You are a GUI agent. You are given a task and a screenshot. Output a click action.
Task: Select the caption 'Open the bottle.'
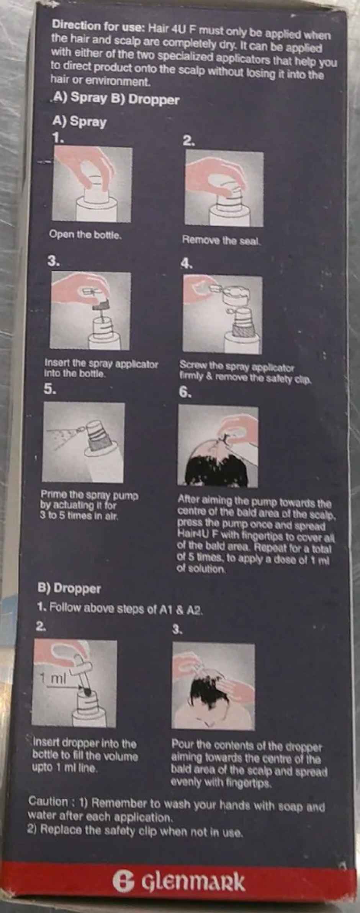click(x=85, y=234)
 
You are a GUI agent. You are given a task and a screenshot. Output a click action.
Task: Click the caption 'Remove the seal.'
click(x=221, y=240)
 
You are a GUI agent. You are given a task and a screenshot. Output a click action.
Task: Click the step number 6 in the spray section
click(x=185, y=393)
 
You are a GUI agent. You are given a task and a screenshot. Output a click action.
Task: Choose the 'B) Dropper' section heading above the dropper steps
click(x=69, y=588)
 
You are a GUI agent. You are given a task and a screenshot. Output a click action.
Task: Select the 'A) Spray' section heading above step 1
click(x=79, y=122)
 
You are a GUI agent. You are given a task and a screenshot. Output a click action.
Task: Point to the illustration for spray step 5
click(x=83, y=442)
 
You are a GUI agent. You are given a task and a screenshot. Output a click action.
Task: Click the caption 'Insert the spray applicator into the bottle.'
click(x=101, y=368)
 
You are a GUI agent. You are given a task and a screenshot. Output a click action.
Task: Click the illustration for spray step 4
click(x=222, y=314)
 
